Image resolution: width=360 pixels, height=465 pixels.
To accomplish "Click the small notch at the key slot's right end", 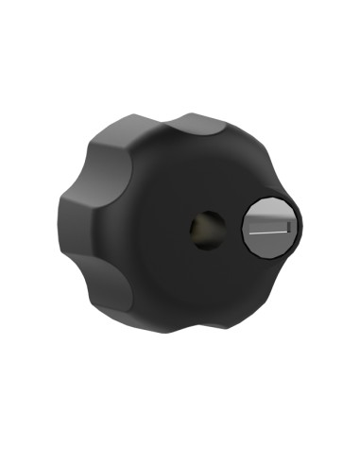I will pyautogui.click(x=286, y=228).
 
